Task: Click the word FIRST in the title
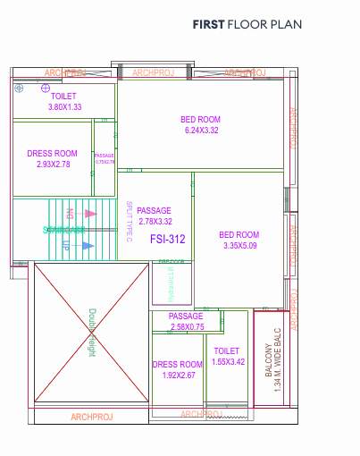click(x=208, y=26)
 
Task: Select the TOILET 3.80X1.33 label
click(x=63, y=101)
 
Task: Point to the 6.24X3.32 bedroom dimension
click(x=201, y=131)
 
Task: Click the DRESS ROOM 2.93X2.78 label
click(x=52, y=159)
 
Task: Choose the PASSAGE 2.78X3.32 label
click(x=154, y=215)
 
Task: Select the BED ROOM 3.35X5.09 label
click(x=239, y=240)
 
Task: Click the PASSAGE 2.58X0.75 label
click(x=187, y=322)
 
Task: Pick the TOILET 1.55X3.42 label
click(x=227, y=356)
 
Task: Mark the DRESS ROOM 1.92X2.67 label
click(x=179, y=369)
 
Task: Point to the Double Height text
click(x=91, y=333)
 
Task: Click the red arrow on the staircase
click(x=89, y=214)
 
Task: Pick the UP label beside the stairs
click(x=64, y=244)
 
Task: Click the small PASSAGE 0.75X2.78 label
click(x=105, y=158)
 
